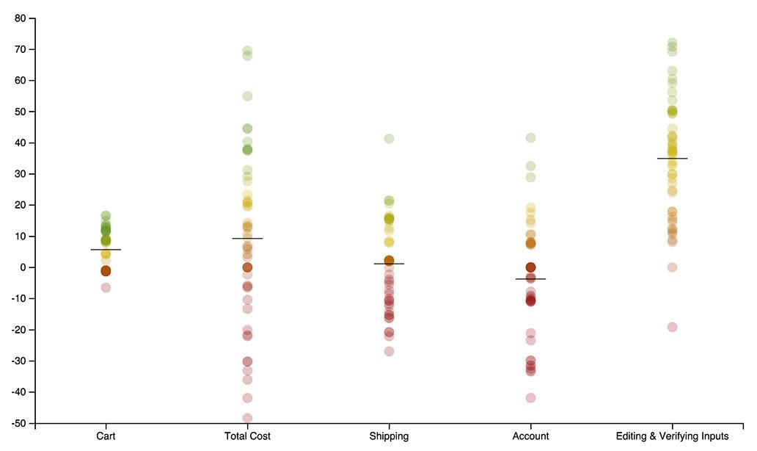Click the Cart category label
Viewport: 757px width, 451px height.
tap(106, 436)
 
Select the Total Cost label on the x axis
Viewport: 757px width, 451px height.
tap(247, 436)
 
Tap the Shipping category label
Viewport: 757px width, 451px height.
tap(389, 436)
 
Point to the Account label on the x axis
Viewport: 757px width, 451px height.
tap(530, 436)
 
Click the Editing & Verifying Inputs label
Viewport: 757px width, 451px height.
tap(672, 436)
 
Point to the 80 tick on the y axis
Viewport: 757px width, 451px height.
tap(22, 18)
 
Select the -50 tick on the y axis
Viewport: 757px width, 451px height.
tap(21, 424)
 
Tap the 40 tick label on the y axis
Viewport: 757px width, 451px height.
tap(22, 142)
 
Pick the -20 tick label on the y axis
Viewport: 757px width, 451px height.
tap(21, 330)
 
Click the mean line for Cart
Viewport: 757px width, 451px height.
tap(106, 250)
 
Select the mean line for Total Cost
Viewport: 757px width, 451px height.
tap(247, 238)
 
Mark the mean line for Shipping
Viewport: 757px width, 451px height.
tap(389, 264)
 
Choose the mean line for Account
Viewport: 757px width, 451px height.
tap(530, 279)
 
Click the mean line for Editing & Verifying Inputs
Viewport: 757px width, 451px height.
tap(672, 158)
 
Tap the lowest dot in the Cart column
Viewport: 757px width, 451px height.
tap(106, 287)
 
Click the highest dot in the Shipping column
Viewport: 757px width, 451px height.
tap(389, 139)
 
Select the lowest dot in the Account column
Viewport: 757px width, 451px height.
tap(530, 398)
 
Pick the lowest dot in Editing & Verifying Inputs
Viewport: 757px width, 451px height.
tap(672, 327)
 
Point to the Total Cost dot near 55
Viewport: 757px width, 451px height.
tap(247, 96)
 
